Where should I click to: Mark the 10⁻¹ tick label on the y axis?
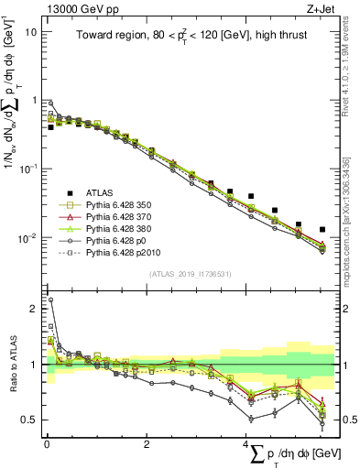[x=27, y=169]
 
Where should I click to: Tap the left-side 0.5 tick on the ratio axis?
[x=30, y=420]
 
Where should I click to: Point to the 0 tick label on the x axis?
[x=46, y=443]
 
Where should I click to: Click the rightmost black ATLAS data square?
[x=322, y=229]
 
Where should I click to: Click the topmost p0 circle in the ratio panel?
[x=50, y=300]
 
